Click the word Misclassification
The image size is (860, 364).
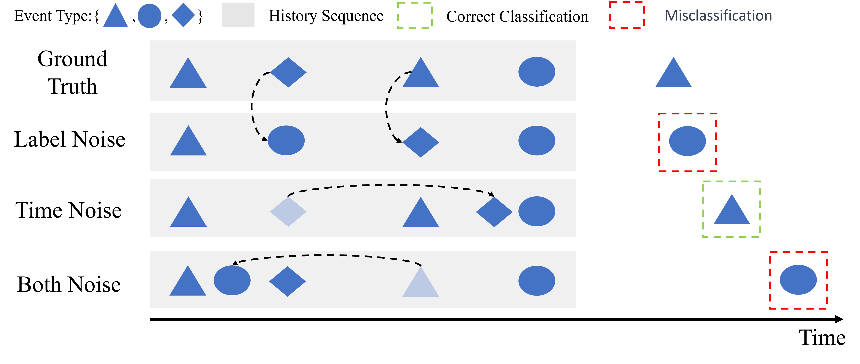click(718, 16)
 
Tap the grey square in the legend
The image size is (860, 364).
click(238, 15)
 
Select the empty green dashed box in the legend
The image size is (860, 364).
click(415, 15)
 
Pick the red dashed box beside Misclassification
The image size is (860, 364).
click(626, 15)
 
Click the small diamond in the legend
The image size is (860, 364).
click(183, 15)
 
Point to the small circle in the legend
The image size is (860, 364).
click(149, 16)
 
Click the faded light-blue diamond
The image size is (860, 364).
click(288, 211)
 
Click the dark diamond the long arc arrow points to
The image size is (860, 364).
click(494, 212)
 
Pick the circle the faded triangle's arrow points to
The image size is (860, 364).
click(232, 280)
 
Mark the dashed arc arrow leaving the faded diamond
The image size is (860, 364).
click(391, 185)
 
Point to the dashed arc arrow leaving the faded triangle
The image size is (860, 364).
click(327, 255)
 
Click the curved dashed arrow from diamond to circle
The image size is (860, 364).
click(253, 107)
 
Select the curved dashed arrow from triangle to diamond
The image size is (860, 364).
click(387, 107)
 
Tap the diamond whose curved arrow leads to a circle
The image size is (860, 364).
click(288, 72)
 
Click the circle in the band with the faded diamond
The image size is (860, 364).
click(537, 211)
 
